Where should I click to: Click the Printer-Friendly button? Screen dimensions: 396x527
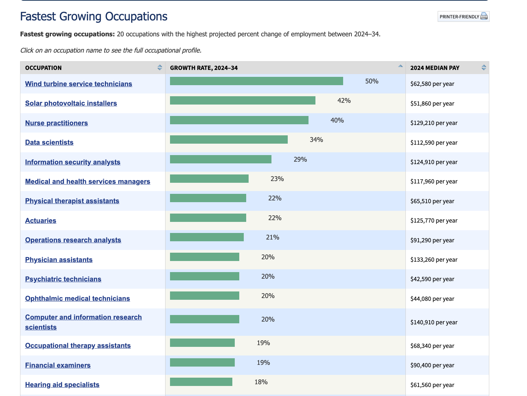coord(463,17)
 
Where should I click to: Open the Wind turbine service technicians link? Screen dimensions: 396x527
coord(79,84)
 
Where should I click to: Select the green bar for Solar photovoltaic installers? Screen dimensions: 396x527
coord(242,100)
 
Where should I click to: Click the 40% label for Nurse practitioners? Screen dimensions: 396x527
coord(337,120)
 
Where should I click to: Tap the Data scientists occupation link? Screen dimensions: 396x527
coord(49,142)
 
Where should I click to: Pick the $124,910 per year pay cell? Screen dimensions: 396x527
coord(434,162)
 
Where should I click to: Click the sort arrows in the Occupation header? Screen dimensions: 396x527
coord(160,67)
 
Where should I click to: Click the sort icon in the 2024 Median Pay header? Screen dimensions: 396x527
coord(484,67)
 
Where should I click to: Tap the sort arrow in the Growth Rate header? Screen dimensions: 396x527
coord(400,66)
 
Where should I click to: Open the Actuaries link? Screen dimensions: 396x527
coord(41,220)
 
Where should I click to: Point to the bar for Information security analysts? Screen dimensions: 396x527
coord(221,159)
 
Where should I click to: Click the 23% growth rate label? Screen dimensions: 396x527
coord(277,179)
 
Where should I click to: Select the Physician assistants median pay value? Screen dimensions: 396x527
coord(434,260)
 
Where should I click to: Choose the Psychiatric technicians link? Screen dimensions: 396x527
coord(63,279)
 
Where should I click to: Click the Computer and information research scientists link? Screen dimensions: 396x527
coord(83,317)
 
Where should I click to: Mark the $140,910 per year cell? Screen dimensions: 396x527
coord(434,322)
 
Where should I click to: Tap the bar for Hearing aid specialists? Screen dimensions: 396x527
coord(201,382)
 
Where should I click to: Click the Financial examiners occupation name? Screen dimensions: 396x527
coord(58,365)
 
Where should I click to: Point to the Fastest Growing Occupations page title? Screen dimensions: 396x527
coord(93,17)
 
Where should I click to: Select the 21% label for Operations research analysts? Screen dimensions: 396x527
coord(273,237)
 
